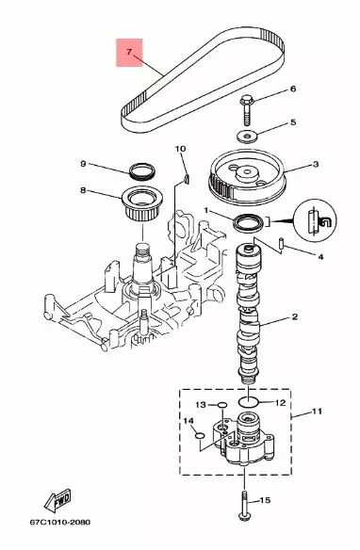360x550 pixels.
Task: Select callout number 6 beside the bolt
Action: [292, 89]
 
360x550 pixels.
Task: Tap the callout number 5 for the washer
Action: [292, 122]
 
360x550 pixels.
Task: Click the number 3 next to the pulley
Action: [315, 164]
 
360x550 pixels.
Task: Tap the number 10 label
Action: [181, 149]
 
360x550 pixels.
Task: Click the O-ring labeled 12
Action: [247, 402]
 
